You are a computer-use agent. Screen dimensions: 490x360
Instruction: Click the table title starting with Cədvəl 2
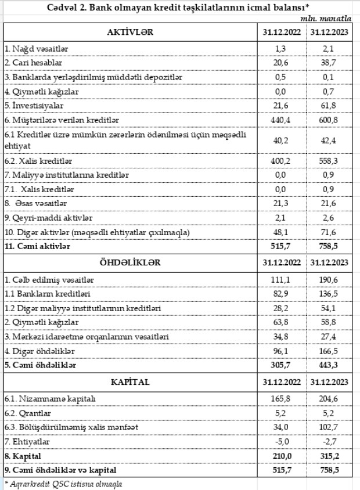click(179, 6)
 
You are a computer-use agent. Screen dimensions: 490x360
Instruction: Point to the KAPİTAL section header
click(129, 381)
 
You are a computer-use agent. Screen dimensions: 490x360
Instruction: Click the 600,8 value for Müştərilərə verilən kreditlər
click(329, 120)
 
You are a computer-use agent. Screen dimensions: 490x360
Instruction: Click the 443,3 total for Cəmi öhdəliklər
click(329, 366)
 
